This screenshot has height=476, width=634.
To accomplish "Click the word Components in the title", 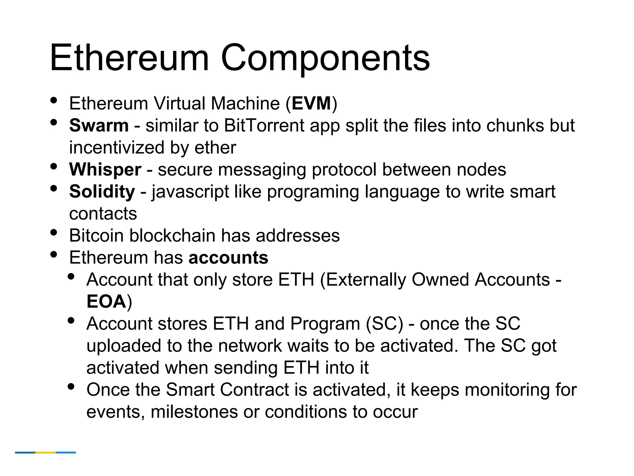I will click(325, 58).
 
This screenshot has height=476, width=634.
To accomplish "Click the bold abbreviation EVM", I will click(311, 103).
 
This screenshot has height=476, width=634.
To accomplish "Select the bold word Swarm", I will click(99, 126).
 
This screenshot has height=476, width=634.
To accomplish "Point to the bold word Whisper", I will click(105, 170).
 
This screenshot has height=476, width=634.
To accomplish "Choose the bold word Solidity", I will click(102, 192).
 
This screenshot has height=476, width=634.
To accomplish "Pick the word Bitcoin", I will click(96, 236).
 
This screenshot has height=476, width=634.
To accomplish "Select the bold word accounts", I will click(228, 258).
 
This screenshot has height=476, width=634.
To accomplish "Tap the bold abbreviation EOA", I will click(106, 302).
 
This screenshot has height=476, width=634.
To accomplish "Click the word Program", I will click(325, 324).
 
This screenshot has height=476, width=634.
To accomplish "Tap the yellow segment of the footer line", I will click(46, 452).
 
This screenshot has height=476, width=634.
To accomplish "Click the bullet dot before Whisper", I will click(54, 166).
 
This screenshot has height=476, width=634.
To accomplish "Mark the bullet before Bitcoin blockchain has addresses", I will click(54, 232).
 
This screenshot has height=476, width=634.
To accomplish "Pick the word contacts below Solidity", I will click(103, 214).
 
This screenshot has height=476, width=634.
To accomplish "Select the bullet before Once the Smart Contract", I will click(71, 386).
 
